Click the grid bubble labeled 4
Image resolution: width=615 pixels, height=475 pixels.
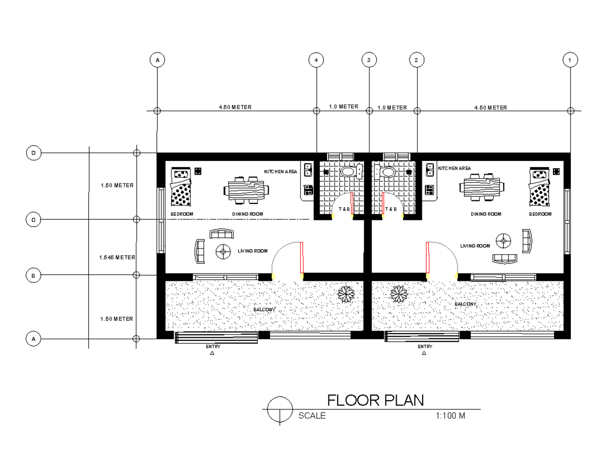(x=316, y=60)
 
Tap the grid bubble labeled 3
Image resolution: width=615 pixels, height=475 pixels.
(x=368, y=60)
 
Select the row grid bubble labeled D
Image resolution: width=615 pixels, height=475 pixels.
(x=33, y=153)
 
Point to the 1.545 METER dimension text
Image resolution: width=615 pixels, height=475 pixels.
(x=117, y=257)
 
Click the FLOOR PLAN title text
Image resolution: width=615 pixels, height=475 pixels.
(x=375, y=400)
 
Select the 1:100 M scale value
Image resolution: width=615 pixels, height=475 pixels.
(x=450, y=416)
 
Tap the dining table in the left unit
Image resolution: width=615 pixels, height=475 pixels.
(x=247, y=190)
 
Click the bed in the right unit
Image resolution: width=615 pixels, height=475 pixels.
(x=539, y=188)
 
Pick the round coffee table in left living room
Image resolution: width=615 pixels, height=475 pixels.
(x=223, y=251)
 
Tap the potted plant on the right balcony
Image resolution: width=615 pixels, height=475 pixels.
(x=399, y=294)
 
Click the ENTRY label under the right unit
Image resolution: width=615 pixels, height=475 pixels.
(x=425, y=347)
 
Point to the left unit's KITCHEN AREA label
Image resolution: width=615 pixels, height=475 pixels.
(x=280, y=171)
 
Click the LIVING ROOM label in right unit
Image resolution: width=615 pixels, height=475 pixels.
(x=475, y=246)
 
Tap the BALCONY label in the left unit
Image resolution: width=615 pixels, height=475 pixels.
(x=264, y=309)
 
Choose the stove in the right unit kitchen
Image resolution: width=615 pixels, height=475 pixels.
(x=429, y=190)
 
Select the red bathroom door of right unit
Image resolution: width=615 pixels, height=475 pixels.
(x=383, y=204)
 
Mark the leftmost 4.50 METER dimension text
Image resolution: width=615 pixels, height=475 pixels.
(x=235, y=108)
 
